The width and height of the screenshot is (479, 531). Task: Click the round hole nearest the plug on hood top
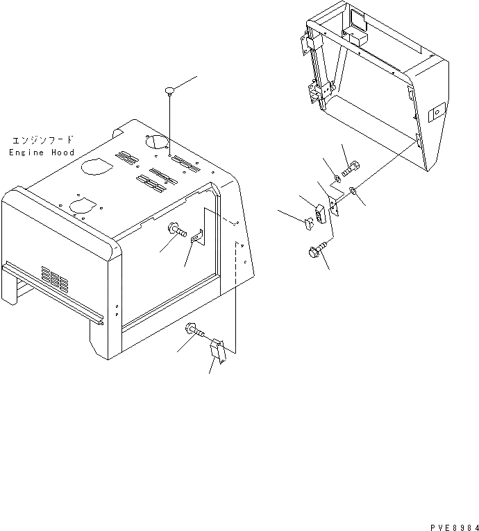[x=157, y=141]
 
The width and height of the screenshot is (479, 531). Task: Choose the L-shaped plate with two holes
[x=333, y=205]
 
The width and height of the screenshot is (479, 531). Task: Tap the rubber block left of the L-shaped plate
[x=319, y=212]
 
